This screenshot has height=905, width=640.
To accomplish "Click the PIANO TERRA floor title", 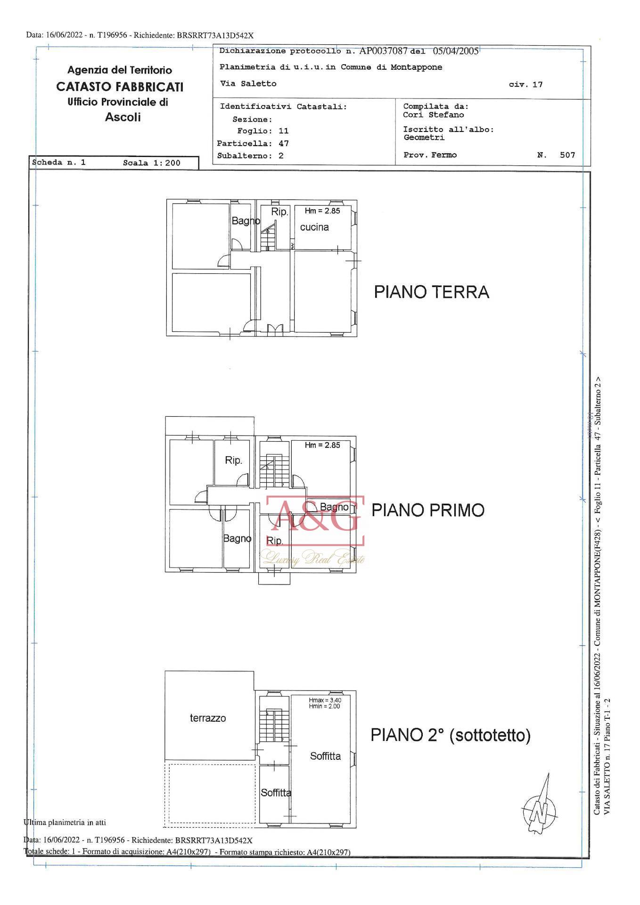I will (x=431, y=292).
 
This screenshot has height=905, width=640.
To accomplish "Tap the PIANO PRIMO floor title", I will (x=428, y=510).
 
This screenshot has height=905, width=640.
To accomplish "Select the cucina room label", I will (x=314, y=227).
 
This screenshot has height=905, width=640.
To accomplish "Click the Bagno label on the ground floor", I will (x=246, y=221).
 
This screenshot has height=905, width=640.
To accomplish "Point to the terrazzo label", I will (x=208, y=718).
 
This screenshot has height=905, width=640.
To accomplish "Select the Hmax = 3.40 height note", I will (x=325, y=700).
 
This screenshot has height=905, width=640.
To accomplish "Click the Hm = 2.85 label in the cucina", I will (x=322, y=211).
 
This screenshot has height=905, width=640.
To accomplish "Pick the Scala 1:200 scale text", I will (x=152, y=163).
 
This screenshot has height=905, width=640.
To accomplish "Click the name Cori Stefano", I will (x=433, y=115).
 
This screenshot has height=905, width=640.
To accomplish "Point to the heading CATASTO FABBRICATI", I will (x=120, y=87).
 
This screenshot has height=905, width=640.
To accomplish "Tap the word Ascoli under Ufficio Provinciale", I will (x=123, y=117).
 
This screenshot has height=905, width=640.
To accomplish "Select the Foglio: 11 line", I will (x=263, y=131).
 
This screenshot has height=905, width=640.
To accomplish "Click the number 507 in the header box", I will (x=567, y=155).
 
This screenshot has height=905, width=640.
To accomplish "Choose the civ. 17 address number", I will (x=525, y=85).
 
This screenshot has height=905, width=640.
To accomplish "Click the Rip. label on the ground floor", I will (x=279, y=212).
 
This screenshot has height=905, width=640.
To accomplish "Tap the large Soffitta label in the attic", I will (x=325, y=756).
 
